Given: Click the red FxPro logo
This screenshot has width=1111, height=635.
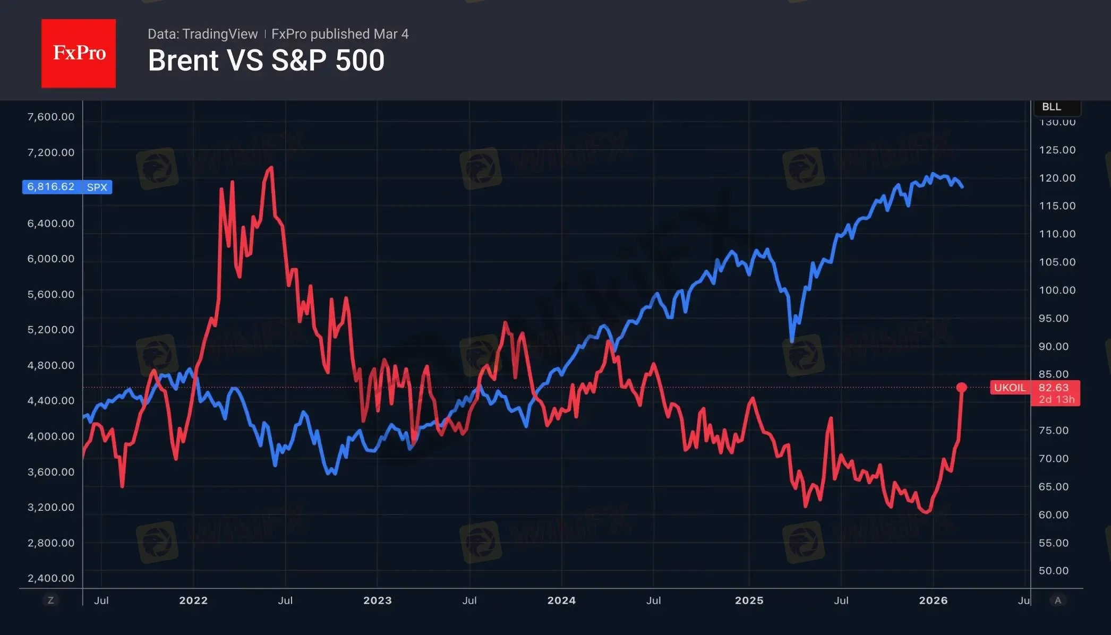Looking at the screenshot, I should (79, 53).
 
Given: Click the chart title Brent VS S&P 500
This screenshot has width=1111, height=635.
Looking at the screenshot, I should (266, 61).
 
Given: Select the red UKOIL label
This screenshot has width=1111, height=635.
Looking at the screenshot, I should (1009, 388).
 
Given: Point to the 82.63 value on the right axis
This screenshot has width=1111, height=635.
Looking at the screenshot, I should (1054, 388).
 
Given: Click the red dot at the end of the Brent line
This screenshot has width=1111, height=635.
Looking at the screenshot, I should (961, 388).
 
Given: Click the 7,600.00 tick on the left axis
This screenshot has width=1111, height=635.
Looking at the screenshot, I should (51, 117).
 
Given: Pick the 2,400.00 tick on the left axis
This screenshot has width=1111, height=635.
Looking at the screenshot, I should (51, 578).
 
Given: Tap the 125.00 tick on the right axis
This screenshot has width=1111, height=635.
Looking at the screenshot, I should (1057, 150).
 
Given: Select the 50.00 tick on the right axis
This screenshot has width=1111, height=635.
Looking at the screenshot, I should (1054, 571).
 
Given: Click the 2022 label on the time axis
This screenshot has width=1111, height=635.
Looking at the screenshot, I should (193, 600).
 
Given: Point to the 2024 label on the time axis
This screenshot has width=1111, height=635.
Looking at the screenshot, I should (561, 600).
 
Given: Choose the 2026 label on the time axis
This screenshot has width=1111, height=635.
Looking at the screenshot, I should (933, 600).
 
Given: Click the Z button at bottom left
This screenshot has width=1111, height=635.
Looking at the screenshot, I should (51, 600).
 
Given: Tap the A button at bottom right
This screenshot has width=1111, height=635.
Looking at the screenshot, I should (1058, 600).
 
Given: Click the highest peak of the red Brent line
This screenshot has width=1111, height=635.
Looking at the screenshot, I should (271, 168).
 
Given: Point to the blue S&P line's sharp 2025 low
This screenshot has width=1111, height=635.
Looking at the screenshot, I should (792, 341).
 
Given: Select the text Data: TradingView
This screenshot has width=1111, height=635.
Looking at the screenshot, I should (202, 34).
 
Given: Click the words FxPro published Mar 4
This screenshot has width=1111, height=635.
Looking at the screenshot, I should (340, 34).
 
